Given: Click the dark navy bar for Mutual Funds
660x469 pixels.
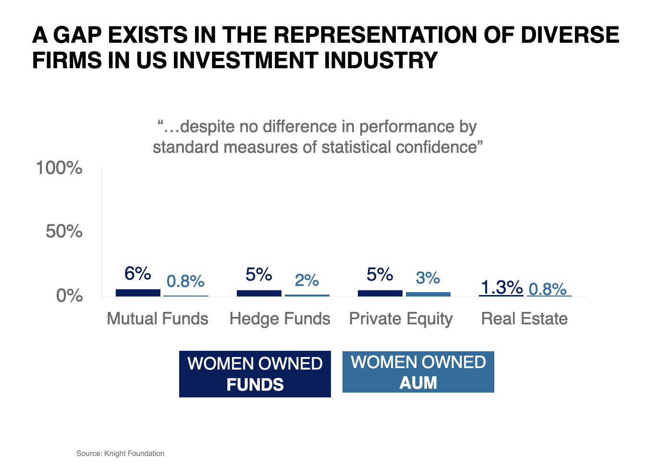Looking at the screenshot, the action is pos(138,293).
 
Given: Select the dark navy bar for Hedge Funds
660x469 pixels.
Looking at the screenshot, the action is pos(259,293).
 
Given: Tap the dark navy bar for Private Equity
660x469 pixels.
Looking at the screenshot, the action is pos(380,293).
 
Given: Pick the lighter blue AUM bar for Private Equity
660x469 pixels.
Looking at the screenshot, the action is pos(428,294).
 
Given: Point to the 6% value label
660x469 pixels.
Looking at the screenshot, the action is pos(137,273).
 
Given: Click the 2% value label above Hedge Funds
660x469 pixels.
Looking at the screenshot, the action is pos(307,280).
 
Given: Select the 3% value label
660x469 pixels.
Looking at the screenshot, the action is pos(428,277).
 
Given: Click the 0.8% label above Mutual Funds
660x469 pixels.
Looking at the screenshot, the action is pos(185,281).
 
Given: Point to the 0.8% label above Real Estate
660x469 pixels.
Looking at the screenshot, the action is pos(548,289).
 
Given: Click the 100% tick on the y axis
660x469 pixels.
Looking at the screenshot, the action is pos(59,168).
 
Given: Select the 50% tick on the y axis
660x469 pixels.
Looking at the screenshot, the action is pos(64,231).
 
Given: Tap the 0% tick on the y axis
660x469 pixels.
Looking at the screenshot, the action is pos(70,296).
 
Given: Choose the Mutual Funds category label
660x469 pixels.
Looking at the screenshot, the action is pos(158,319).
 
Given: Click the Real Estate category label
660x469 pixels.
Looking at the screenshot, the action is pos(525,319).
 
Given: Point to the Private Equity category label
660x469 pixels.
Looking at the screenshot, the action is pos(401,319).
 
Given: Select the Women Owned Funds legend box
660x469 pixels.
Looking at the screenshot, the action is pos(255,374).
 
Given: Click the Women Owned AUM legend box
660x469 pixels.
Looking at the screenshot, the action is pos(418,372).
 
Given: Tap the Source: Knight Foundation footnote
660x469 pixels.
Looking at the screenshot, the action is pos(120,453).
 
